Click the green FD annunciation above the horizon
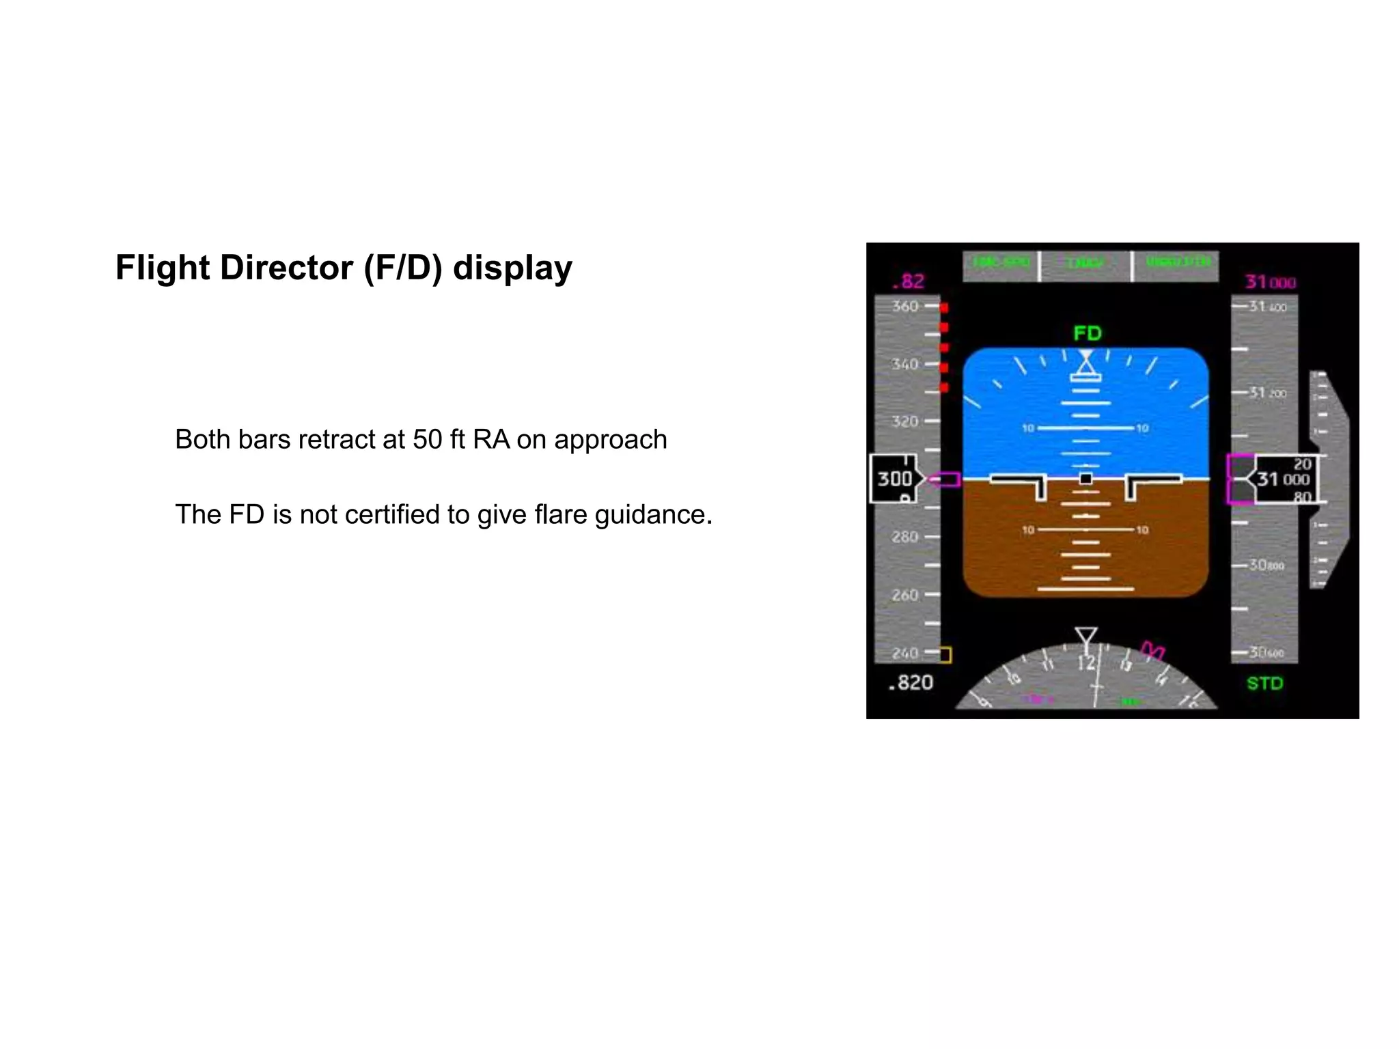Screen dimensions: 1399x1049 click(x=1088, y=333)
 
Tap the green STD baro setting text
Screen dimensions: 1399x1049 click(x=1264, y=683)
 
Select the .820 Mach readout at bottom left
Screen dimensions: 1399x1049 click(x=911, y=682)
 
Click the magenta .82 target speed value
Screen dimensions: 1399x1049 click(x=909, y=281)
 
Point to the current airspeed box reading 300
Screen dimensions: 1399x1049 click(x=895, y=479)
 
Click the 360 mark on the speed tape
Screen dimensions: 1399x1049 click(x=905, y=306)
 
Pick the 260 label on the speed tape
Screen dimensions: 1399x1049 click(x=905, y=595)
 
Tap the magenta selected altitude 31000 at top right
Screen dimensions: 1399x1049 click(x=1270, y=282)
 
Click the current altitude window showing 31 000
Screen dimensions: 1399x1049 click(x=1283, y=479)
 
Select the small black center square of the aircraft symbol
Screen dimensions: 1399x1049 click(x=1085, y=479)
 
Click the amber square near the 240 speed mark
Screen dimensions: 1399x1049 click(x=945, y=655)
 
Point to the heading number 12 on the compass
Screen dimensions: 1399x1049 click(x=1086, y=663)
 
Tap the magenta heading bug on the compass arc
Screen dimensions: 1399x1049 click(x=1153, y=650)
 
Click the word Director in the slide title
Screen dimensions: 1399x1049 click(x=286, y=268)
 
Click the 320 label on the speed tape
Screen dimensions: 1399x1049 click(x=905, y=421)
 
